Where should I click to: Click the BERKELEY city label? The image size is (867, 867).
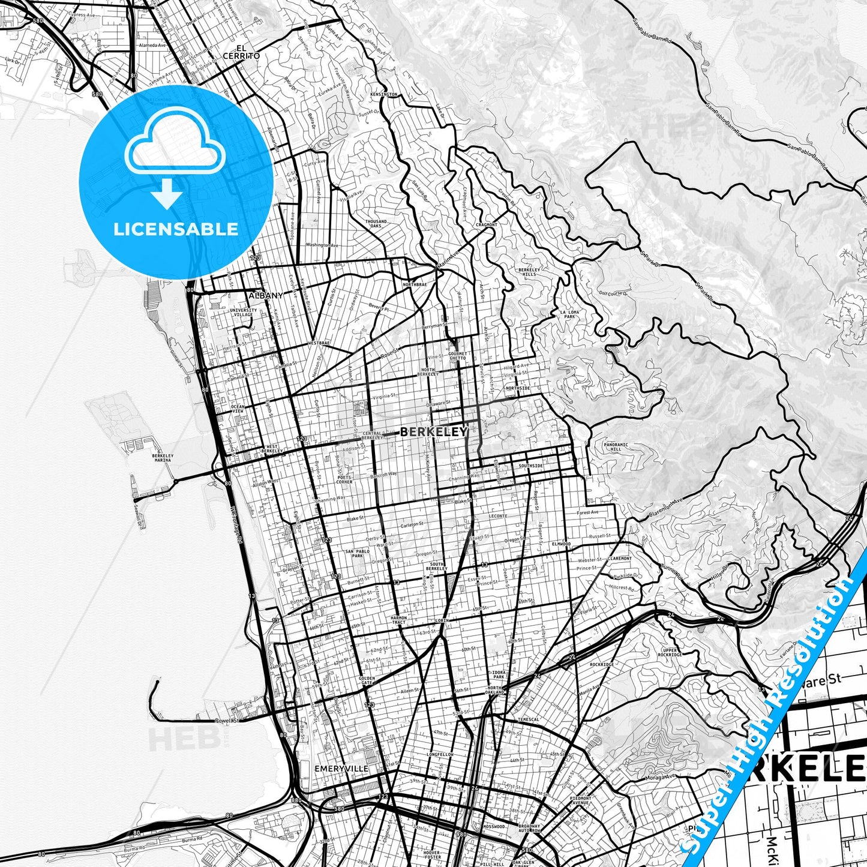click(x=433, y=431)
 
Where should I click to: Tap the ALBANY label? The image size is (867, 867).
click(x=265, y=296)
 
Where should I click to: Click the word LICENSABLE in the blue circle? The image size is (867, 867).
click(x=176, y=229)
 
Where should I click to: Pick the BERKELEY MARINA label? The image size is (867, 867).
click(x=163, y=458)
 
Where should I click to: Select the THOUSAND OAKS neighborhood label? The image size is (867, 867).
click(x=376, y=224)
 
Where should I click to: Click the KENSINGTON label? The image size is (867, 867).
click(x=384, y=95)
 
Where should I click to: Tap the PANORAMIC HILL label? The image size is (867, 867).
click(x=616, y=447)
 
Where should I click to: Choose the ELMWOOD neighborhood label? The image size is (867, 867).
click(x=561, y=544)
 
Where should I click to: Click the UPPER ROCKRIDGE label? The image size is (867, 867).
click(x=670, y=653)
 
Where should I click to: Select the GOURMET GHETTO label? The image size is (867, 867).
click(x=458, y=356)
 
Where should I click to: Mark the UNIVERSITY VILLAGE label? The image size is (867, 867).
click(x=244, y=313)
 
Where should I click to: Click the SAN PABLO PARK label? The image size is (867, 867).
click(x=354, y=553)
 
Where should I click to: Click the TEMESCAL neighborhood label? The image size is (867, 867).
click(x=529, y=719)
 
